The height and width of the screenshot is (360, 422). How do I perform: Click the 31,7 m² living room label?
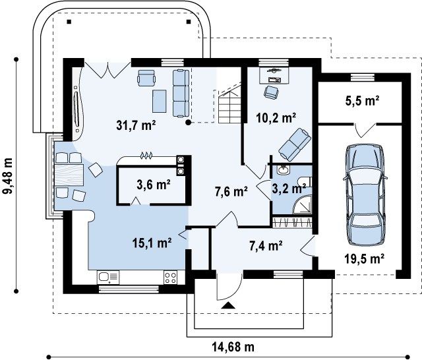pyautogui.click(x=136, y=125)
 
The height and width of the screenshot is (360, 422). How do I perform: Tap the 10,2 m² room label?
pyautogui.click(x=276, y=117)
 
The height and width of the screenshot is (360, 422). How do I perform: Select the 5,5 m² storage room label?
pyautogui.click(x=362, y=101)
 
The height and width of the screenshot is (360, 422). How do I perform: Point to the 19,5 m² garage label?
pyautogui.click(x=364, y=259)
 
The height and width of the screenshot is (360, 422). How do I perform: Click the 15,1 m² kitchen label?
pyautogui.click(x=152, y=243)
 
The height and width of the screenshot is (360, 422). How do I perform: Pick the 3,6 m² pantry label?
pyautogui.click(x=154, y=185)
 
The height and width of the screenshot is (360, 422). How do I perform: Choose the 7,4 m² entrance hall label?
pyautogui.click(x=266, y=245)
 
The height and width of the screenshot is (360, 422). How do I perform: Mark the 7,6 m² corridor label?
pyautogui.click(x=231, y=192)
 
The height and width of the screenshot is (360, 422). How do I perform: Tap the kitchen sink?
pyautogui.click(x=108, y=277)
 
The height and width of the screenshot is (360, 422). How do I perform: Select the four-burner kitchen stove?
pyautogui.click(x=171, y=278)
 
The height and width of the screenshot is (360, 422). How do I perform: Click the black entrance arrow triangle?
pyautogui.click(x=228, y=305)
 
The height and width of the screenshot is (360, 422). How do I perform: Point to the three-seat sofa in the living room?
pyautogui.click(x=181, y=93)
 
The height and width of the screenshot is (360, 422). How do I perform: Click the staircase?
pyautogui.click(x=229, y=104)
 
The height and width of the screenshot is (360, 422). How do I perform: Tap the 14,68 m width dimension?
pyautogui.click(x=233, y=347)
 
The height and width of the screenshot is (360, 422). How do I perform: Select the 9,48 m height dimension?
pyautogui.click(x=8, y=175)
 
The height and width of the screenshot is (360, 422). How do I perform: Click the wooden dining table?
pyautogui.click(x=69, y=175)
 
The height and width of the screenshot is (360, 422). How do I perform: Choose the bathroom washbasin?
pyautogui.click(x=283, y=169)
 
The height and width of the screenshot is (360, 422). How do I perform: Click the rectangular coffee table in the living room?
pyautogui.click(x=160, y=101)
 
